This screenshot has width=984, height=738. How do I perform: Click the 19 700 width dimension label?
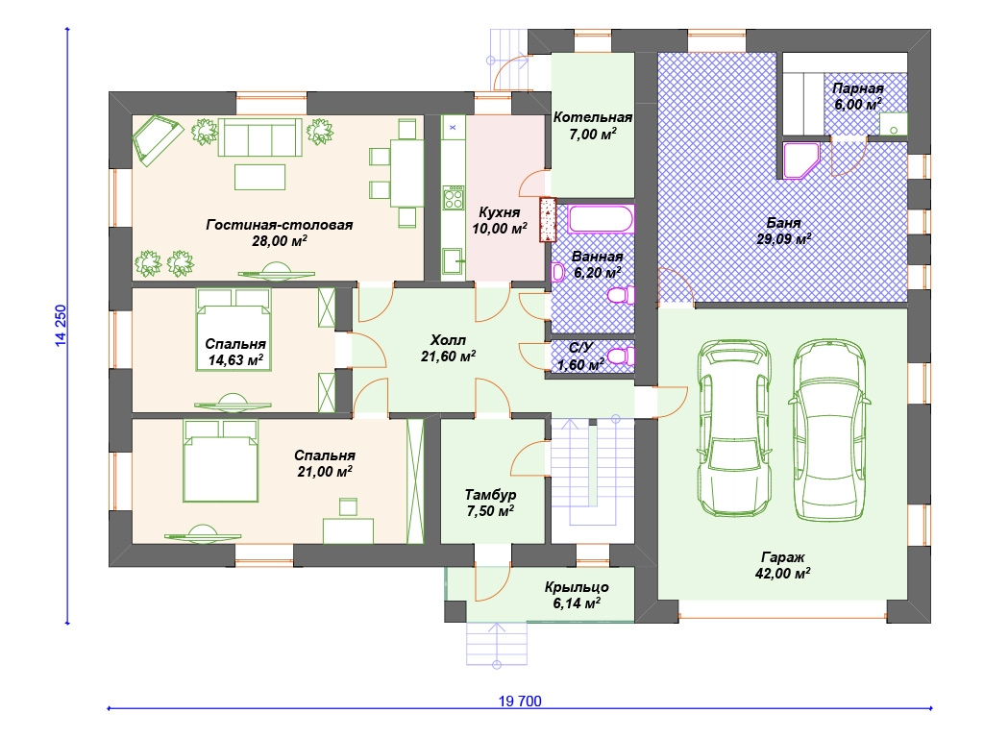point(520,701)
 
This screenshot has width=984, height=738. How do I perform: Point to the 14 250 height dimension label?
point(61,326)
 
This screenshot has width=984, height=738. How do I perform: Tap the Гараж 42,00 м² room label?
point(782,565)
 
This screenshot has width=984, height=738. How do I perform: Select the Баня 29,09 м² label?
point(784,231)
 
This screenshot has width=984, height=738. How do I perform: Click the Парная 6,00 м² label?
point(858,97)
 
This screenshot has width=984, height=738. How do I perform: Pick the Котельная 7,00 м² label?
point(592,126)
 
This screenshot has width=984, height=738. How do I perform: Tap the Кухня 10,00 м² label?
point(500,220)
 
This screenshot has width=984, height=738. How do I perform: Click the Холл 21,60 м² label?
point(448,348)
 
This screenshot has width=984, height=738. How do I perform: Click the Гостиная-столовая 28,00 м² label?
point(280,233)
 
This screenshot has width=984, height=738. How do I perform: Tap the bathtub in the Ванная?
point(601,219)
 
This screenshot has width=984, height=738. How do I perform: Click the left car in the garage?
point(734,429)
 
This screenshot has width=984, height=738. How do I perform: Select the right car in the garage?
point(829,430)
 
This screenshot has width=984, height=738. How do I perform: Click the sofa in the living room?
point(259,136)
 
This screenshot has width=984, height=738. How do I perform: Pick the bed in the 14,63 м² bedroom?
point(234,330)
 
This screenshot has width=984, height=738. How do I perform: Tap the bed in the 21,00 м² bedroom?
point(221,460)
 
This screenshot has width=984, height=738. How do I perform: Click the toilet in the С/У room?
point(622,357)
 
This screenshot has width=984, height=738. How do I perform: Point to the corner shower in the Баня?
point(801,161)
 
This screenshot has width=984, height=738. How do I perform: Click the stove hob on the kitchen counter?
point(454,198)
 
